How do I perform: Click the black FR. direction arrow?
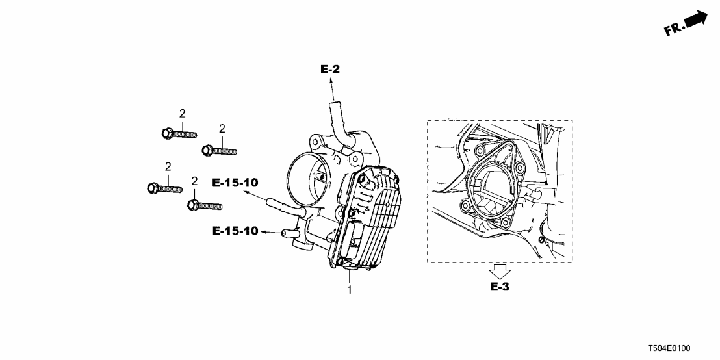[696, 19]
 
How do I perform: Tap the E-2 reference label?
[330, 69]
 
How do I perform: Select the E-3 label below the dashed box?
[499, 287]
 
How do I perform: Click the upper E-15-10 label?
[235, 183]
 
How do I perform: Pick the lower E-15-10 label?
[235, 231]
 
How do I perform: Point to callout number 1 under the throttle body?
[349, 290]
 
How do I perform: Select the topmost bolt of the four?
[177, 134]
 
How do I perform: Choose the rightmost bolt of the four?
[218, 151]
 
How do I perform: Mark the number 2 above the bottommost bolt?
[194, 181]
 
